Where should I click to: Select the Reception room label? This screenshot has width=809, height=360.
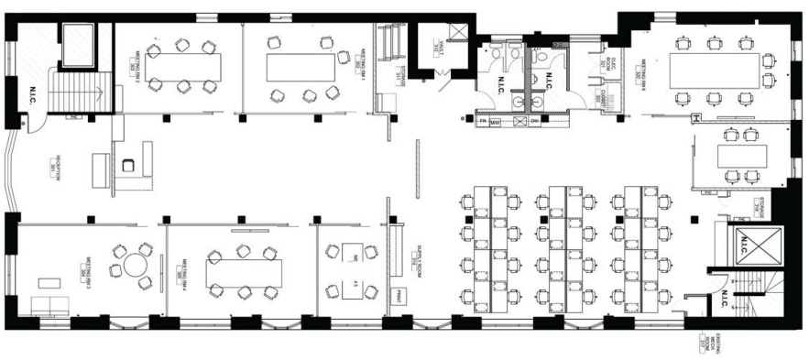58,169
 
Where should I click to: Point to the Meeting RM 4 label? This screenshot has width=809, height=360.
180,274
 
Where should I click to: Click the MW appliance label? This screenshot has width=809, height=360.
496,122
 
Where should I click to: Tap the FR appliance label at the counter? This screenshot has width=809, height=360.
480,122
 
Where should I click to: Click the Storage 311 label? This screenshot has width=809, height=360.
399,76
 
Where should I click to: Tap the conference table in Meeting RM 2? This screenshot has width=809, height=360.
183,66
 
